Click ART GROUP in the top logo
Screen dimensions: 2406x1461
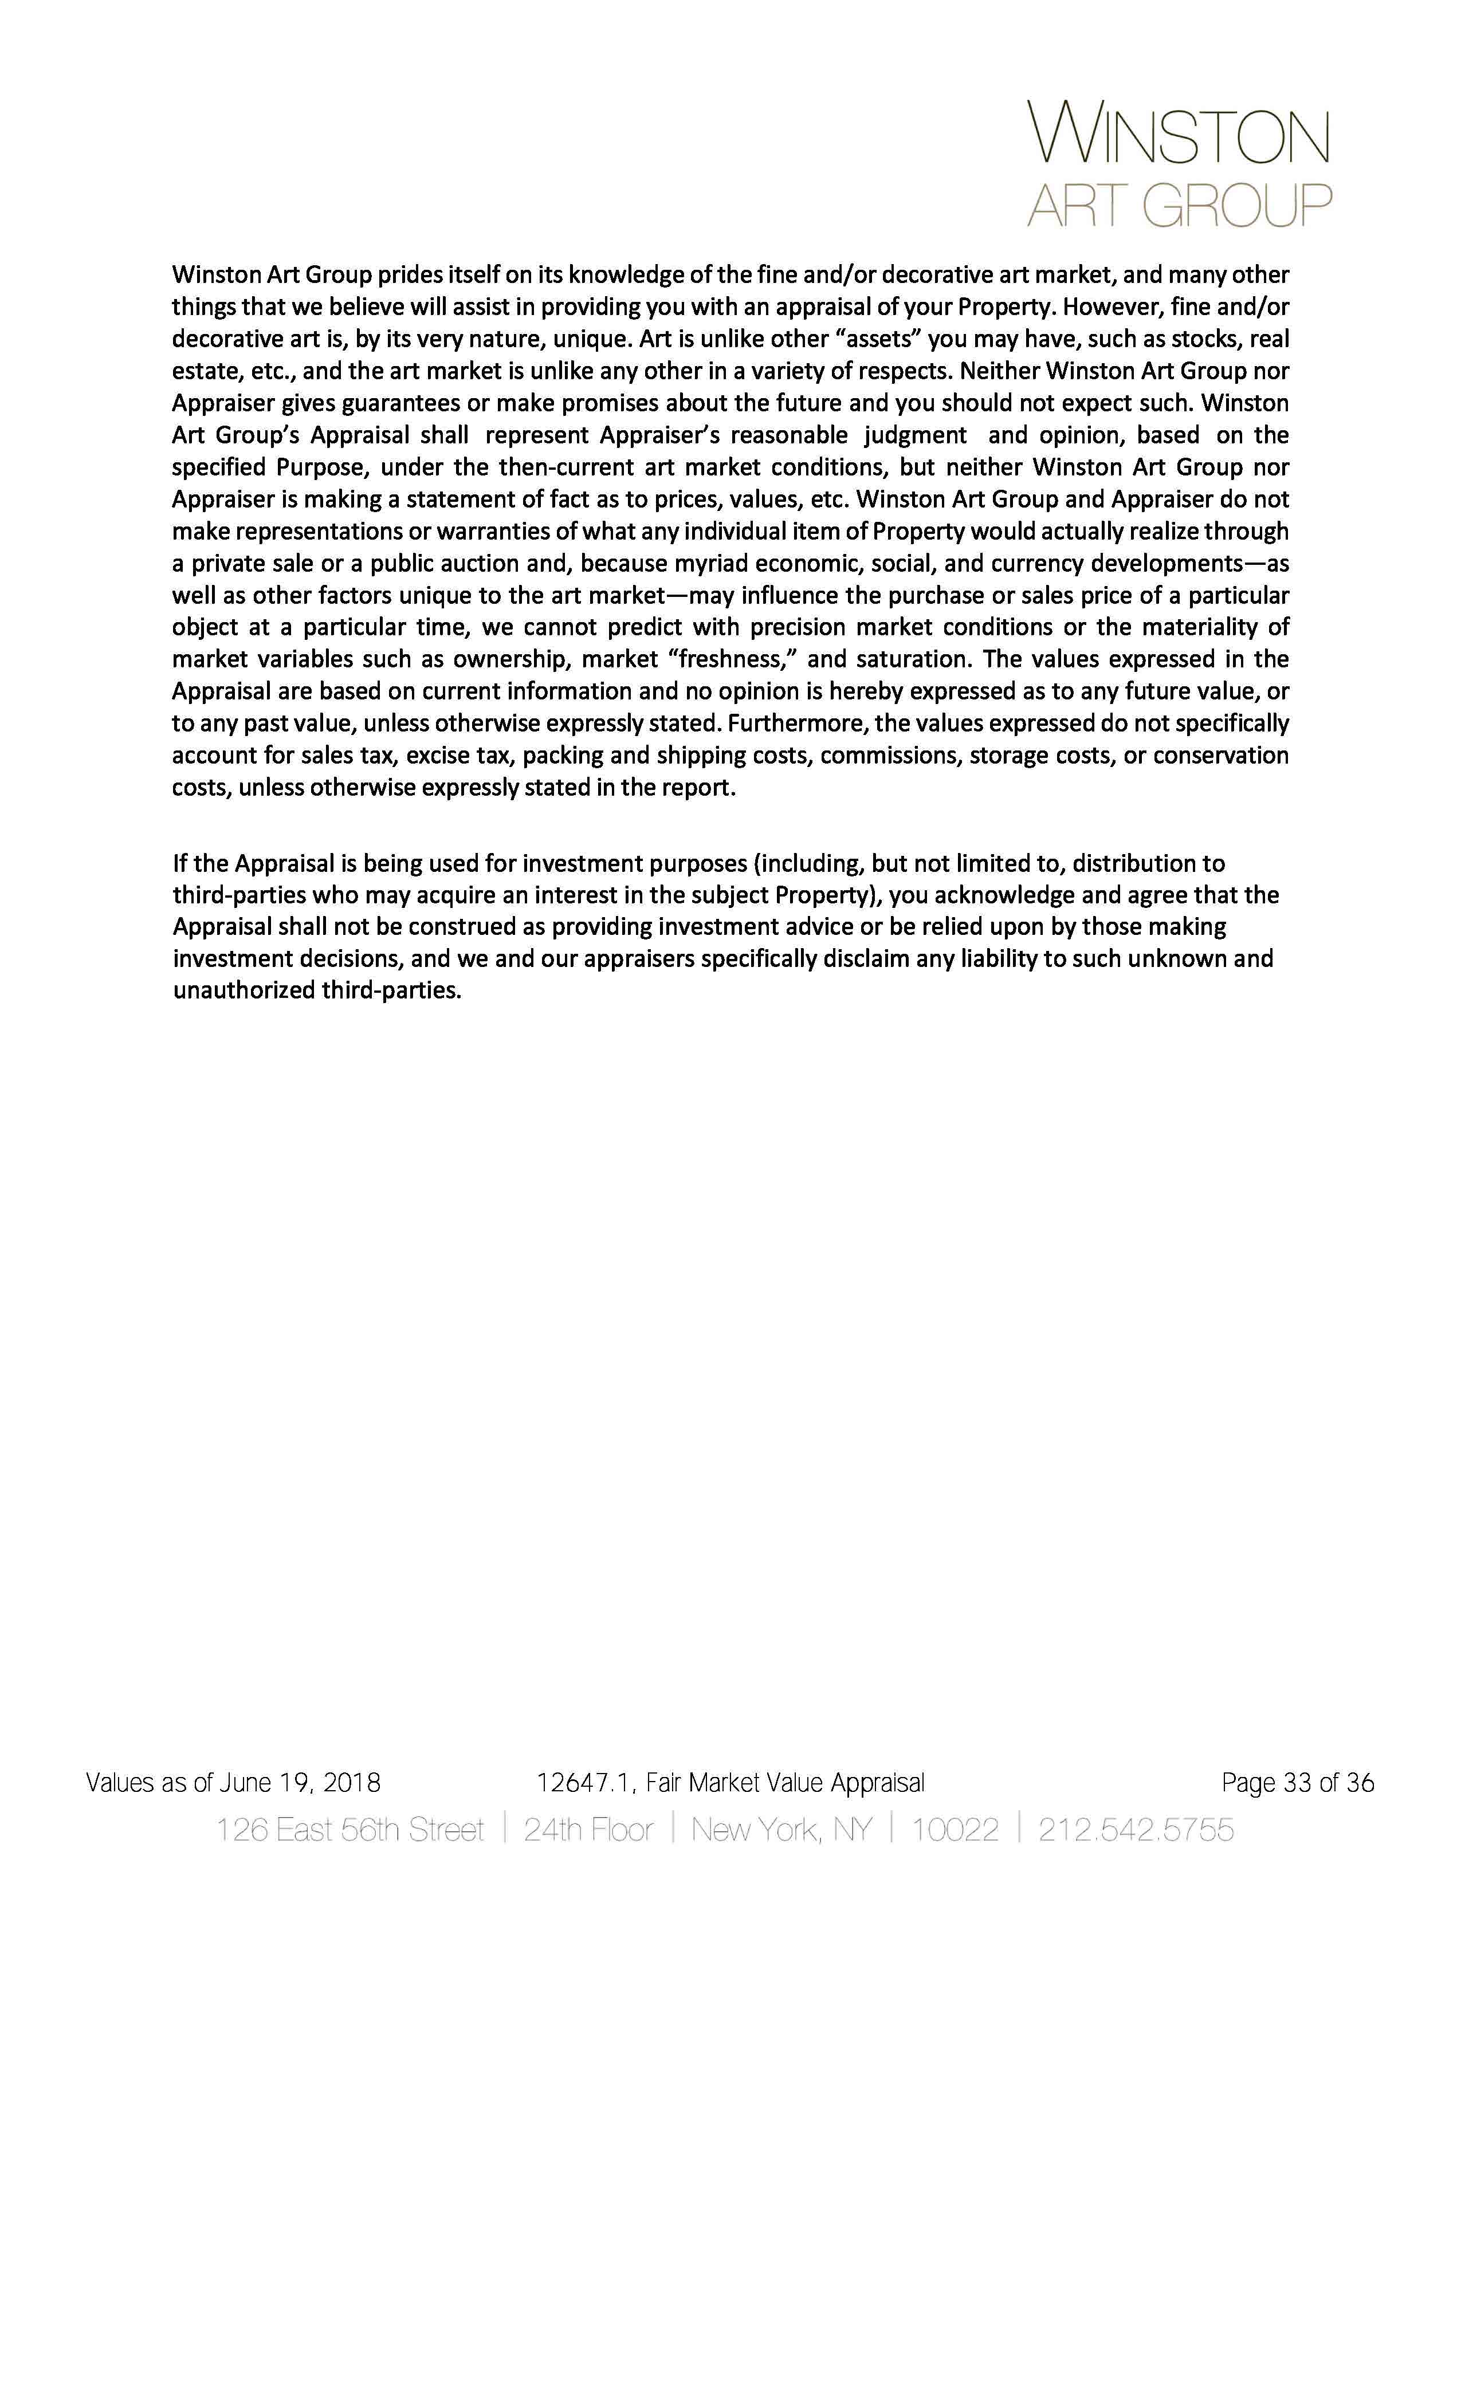(1179, 206)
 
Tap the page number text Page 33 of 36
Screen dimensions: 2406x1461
(1297, 1783)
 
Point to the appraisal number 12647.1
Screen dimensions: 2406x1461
(583, 1783)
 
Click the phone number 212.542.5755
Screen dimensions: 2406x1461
(1136, 1829)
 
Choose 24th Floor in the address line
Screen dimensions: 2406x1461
(588, 1829)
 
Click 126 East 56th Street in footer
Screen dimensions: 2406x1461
(349, 1829)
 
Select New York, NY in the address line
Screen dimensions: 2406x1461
(781, 1829)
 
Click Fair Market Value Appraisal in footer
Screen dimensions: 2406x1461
(784, 1783)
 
